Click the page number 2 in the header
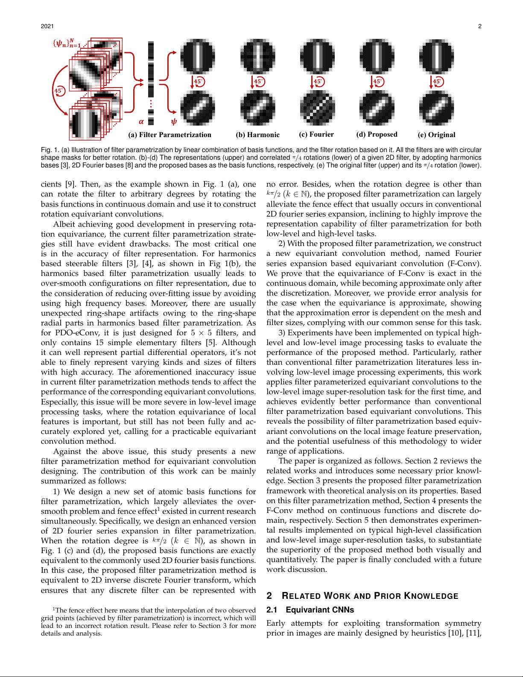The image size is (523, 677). (479, 26)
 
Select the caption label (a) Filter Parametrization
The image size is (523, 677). (169, 135)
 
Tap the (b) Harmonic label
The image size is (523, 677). (257, 135)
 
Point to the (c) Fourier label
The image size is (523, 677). (316, 135)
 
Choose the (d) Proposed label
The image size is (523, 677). (377, 135)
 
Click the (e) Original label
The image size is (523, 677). (436, 135)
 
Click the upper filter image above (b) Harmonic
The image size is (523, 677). (257, 56)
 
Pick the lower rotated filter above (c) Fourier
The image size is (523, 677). (317, 109)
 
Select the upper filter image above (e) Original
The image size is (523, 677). (436, 56)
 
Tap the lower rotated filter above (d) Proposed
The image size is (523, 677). (377, 109)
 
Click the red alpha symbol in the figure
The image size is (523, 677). (141, 122)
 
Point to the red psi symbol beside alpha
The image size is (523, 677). (174, 122)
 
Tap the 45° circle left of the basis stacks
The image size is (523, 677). (59, 90)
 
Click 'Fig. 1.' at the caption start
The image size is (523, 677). (50, 150)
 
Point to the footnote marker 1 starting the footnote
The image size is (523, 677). (54, 609)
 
